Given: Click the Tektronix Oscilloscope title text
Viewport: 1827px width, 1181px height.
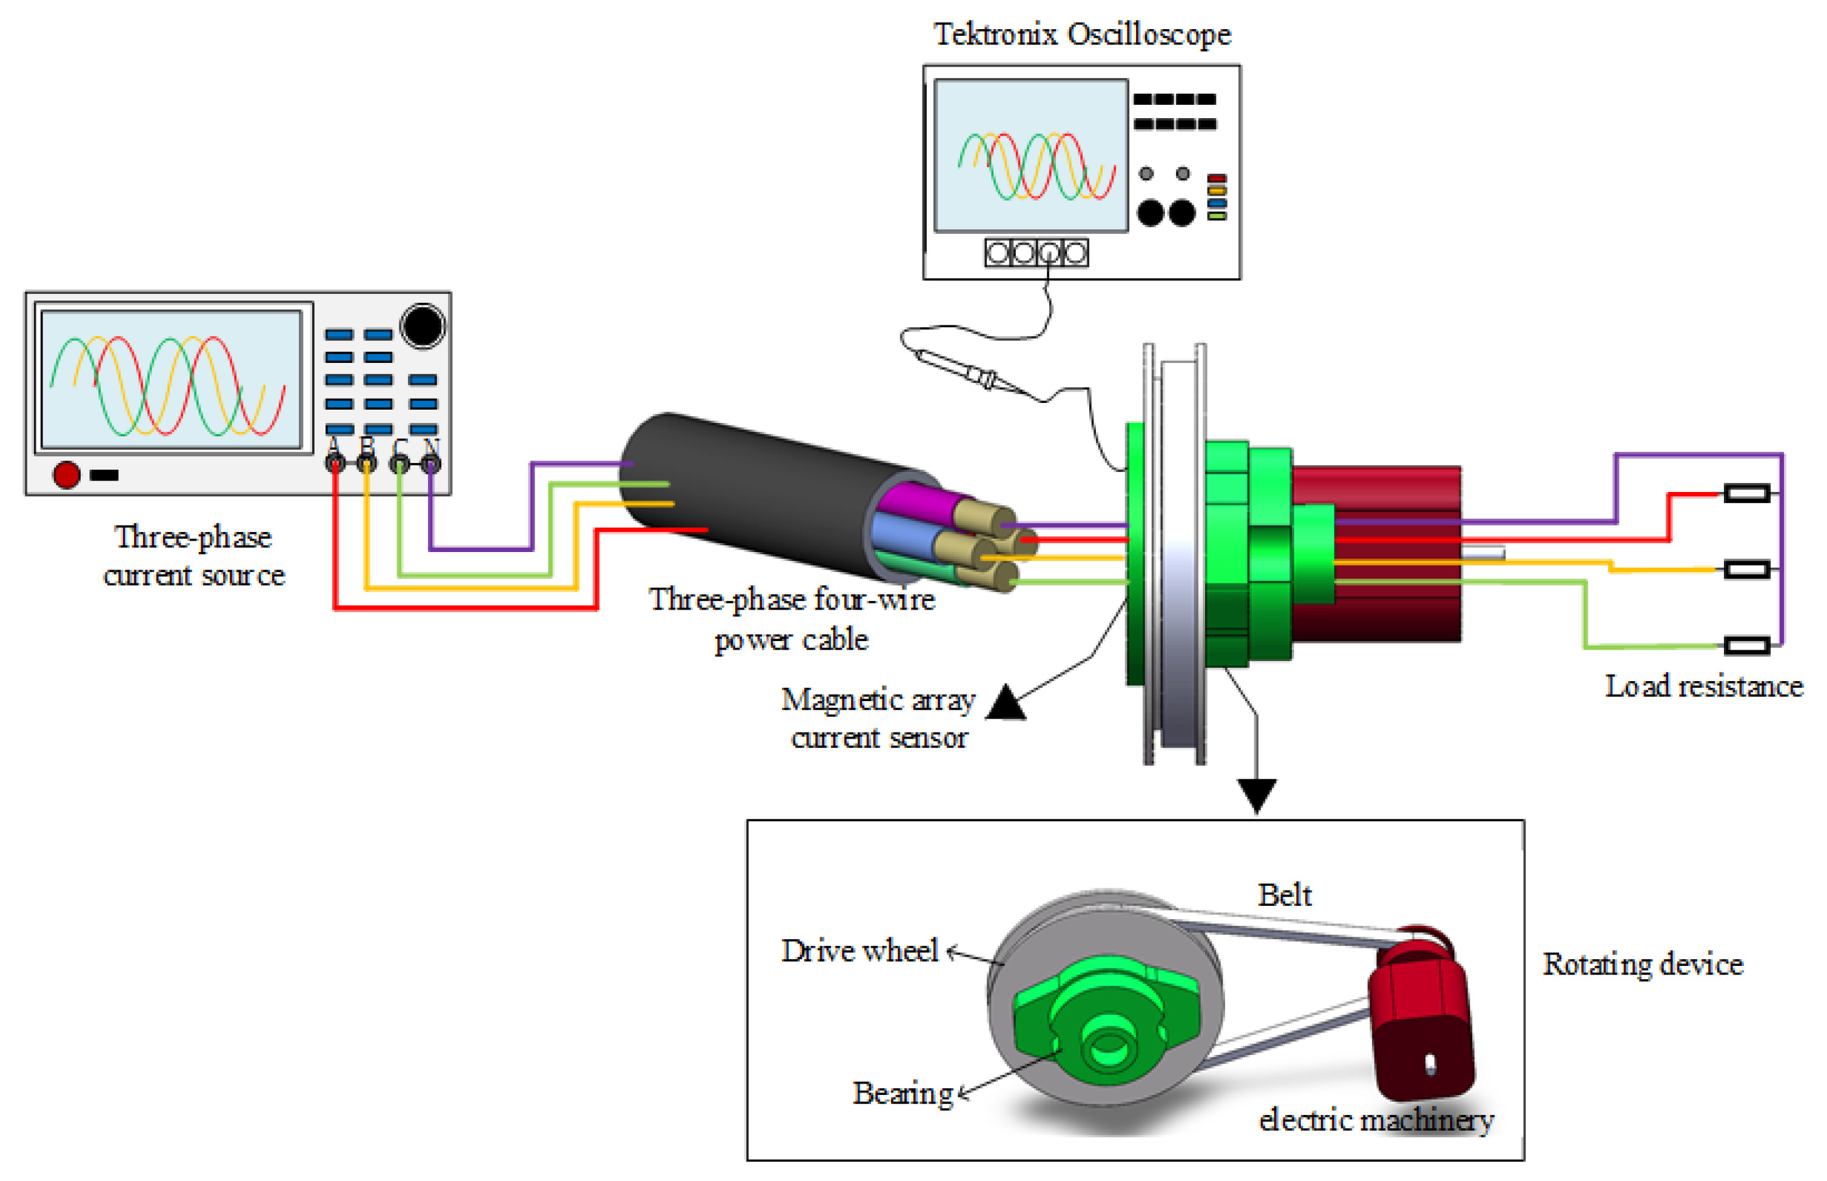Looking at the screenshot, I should point(1081,35).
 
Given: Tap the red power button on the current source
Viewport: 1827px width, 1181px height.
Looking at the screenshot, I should point(66,474).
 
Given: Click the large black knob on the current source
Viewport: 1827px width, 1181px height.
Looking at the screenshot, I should point(422,325).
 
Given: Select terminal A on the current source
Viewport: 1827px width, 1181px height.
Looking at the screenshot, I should point(335,462).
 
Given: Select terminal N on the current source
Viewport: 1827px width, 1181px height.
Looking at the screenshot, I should point(431,463).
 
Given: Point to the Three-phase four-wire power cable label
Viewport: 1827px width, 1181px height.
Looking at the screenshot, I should point(792,619).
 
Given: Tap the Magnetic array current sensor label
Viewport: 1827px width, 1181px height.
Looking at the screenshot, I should point(878,718).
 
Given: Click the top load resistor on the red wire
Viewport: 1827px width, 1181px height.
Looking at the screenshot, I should point(1746,493).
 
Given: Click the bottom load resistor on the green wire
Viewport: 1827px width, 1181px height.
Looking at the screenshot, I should point(1746,646).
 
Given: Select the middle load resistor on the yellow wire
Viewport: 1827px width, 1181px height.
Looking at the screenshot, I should point(1746,569).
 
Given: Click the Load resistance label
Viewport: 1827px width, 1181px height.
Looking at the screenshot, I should point(1703,687).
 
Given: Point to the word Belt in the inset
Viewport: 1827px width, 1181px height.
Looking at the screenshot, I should point(1284,895).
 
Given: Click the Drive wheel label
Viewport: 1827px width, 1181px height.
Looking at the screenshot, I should point(859,951).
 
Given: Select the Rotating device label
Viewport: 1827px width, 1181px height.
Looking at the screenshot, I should point(1642,964).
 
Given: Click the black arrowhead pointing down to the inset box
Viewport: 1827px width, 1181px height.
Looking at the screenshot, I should point(1255,794).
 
